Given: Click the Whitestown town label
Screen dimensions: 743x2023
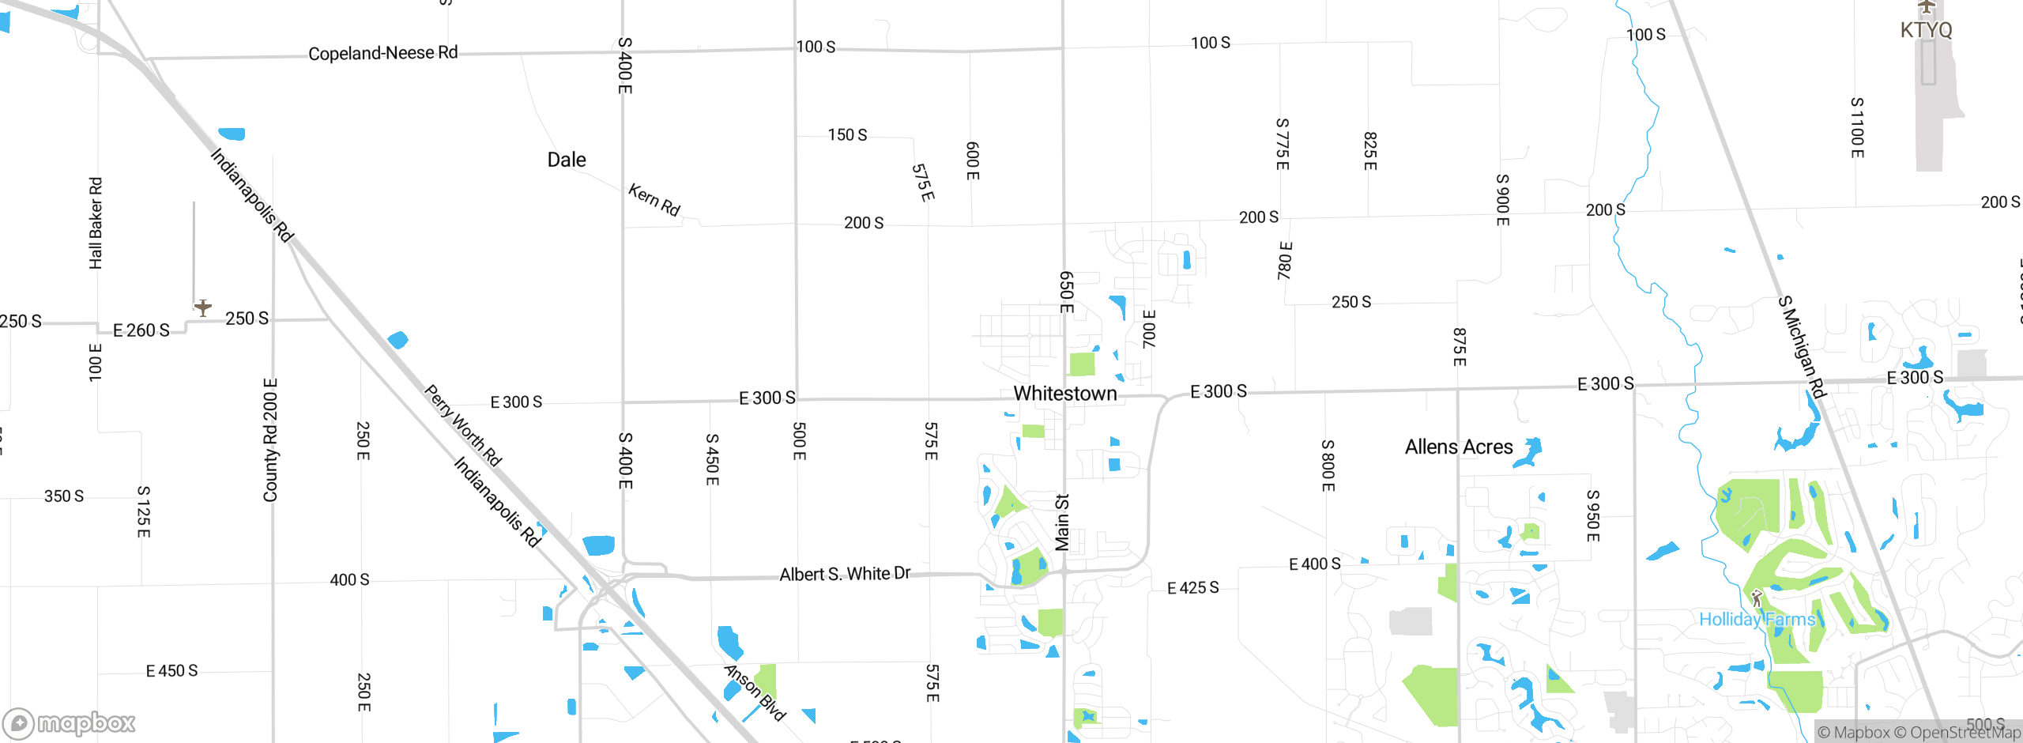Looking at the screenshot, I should click(x=1064, y=394).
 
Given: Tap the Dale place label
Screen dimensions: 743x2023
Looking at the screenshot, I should click(x=567, y=160).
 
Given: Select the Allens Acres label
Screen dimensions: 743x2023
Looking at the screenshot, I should click(x=1458, y=447).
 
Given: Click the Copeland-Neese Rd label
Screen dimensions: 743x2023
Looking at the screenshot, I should click(x=382, y=53).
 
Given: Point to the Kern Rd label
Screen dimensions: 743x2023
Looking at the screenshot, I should click(x=654, y=199).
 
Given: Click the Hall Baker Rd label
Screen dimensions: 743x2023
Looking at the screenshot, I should click(x=96, y=223).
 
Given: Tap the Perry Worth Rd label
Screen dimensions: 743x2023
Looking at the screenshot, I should click(x=463, y=425).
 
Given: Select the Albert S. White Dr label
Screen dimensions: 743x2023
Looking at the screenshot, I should click(x=845, y=574).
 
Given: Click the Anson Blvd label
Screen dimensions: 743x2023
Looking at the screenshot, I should click(x=755, y=692).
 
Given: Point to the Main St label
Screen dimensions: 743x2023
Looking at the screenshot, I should click(x=1062, y=522).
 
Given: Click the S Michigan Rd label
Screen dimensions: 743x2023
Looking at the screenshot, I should click(x=1802, y=347).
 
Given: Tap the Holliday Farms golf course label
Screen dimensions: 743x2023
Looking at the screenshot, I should click(x=1757, y=619).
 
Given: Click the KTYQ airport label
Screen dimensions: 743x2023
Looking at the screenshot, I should click(x=1926, y=30).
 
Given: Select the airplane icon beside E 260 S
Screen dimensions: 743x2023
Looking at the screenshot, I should click(x=203, y=307).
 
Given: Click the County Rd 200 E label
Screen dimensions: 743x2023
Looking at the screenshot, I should click(x=270, y=440).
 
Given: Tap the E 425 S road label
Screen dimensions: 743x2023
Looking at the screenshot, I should click(x=1192, y=588).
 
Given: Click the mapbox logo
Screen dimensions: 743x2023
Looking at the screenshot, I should click(x=70, y=722).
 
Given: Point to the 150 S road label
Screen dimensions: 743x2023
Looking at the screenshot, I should click(x=847, y=135).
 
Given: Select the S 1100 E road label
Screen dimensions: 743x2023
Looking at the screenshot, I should click(x=1857, y=127).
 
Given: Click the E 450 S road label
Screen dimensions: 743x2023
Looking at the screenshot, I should click(x=171, y=671).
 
